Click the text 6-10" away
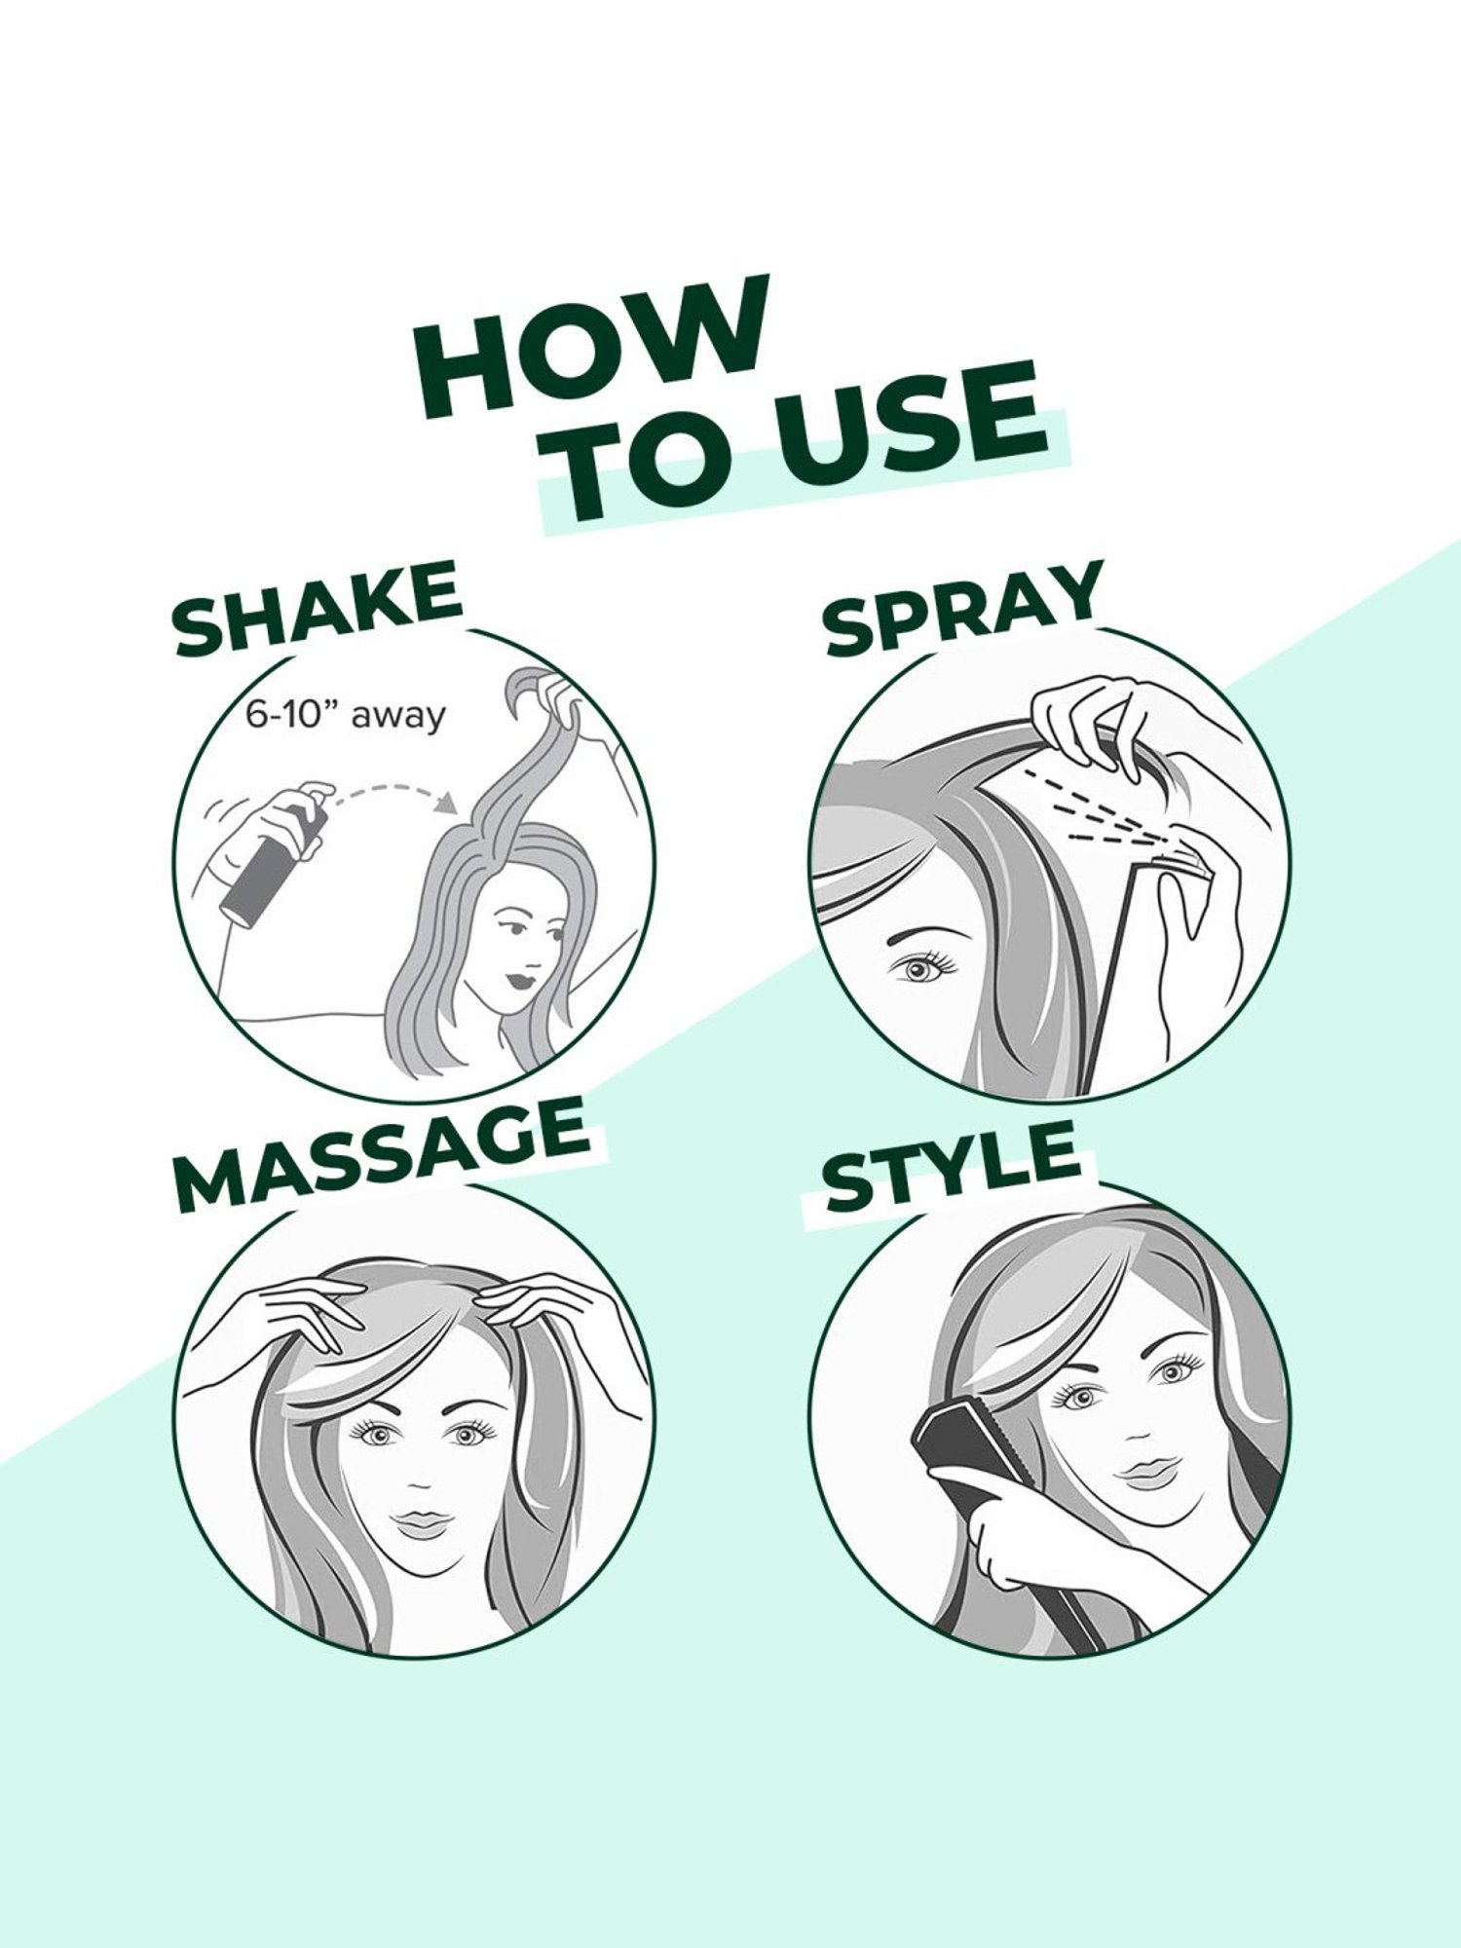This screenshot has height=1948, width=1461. (x=345, y=716)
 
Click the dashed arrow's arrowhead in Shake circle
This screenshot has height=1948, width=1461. (x=448, y=804)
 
